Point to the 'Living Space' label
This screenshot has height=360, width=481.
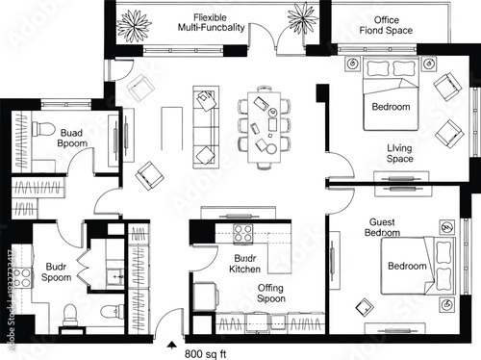[399, 153]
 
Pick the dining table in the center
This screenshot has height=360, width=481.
[266, 119]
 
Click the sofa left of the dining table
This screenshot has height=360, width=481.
[206, 126]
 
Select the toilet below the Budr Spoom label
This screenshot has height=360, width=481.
[70, 313]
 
